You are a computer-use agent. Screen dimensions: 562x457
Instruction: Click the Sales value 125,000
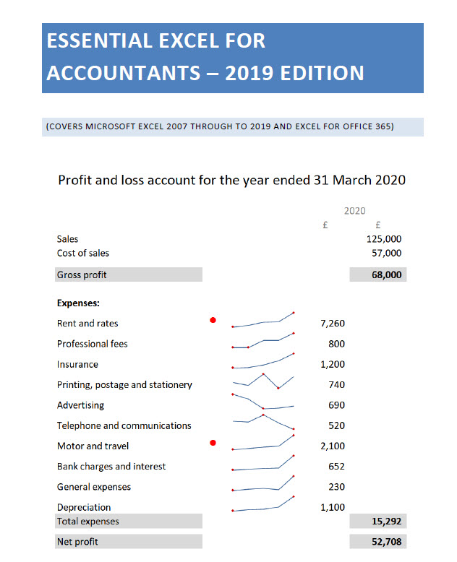click(384, 238)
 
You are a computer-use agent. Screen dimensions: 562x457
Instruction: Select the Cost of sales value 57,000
click(386, 253)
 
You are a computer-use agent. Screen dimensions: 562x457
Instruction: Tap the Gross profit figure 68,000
click(387, 274)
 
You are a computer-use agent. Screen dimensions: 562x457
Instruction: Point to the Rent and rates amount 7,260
click(332, 323)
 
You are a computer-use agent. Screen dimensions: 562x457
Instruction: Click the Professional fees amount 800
click(336, 344)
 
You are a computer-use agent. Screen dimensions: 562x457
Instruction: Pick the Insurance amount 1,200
click(332, 364)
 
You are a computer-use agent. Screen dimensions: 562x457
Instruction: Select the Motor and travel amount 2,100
click(332, 446)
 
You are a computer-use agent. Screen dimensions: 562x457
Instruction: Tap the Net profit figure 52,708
click(384, 541)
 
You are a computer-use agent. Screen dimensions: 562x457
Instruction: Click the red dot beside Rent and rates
click(213, 320)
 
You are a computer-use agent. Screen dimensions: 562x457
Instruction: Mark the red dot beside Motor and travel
click(213, 443)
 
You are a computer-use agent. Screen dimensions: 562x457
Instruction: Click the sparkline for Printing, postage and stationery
click(263, 381)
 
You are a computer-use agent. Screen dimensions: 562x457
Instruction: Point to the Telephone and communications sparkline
click(263, 422)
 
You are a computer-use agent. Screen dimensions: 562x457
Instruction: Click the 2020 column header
click(354, 211)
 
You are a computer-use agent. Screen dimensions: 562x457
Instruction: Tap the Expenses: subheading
click(78, 303)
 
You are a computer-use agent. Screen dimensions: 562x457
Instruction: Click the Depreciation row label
click(84, 507)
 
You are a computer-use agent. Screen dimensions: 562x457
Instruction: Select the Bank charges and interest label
click(111, 466)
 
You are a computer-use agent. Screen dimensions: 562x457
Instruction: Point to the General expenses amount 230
click(336, 486)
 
